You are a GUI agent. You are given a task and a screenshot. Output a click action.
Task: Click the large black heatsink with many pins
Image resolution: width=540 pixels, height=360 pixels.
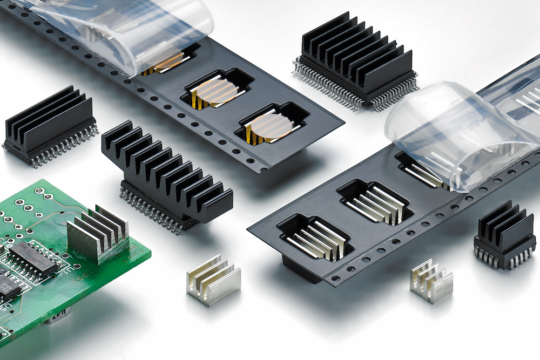(x=356, y=59)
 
